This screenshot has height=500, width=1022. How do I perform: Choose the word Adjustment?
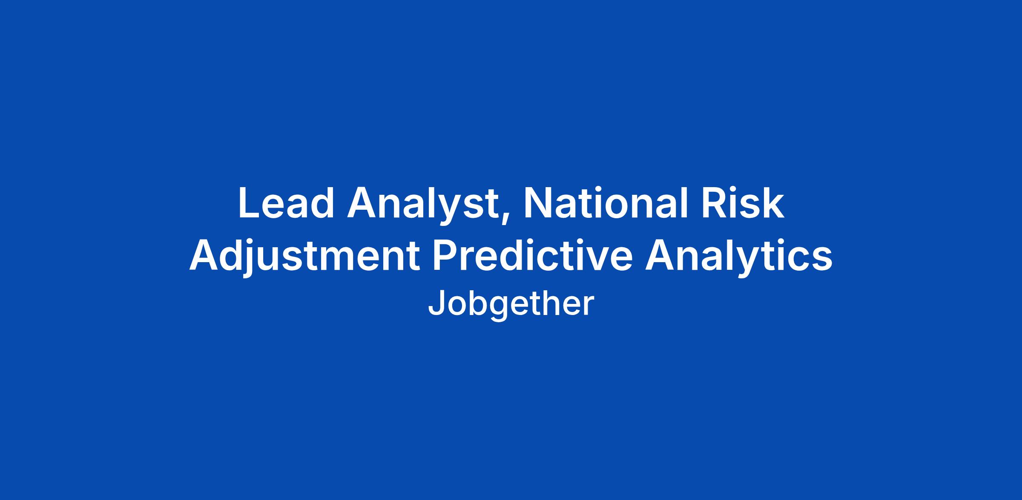click(305, 258)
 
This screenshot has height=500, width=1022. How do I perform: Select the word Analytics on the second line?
click(739, 258)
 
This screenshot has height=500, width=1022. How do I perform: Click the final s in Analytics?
click(822, 260)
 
